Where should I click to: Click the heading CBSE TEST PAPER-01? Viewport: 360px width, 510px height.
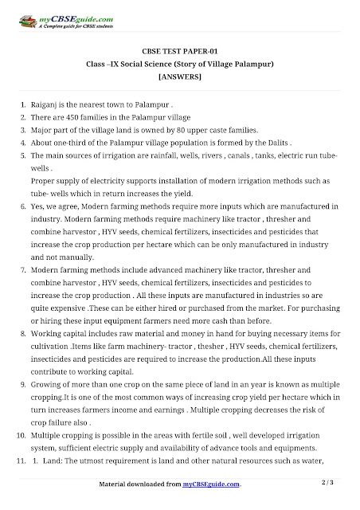(x=179, y=49)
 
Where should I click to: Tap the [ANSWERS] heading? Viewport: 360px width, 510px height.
(x=179, y=76)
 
